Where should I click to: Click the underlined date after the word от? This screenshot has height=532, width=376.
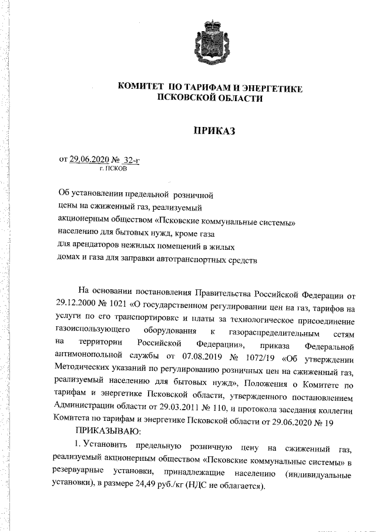89,159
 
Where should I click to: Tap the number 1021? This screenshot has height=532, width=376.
115,306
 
